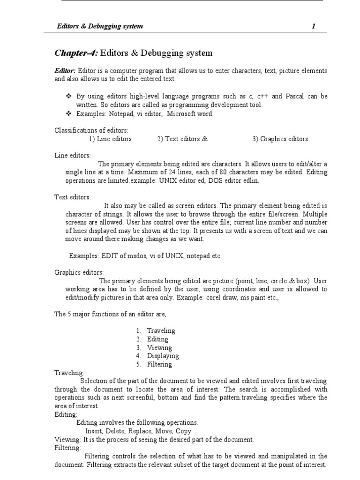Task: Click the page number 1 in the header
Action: point(314,26)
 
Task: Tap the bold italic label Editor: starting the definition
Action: point(66,71)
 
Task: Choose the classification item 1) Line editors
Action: point(110,139)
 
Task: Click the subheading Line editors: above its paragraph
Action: point(73,155)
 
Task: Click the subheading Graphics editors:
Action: point(79,273)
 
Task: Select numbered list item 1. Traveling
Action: point(156,331)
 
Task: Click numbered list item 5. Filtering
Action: point(155,365)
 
